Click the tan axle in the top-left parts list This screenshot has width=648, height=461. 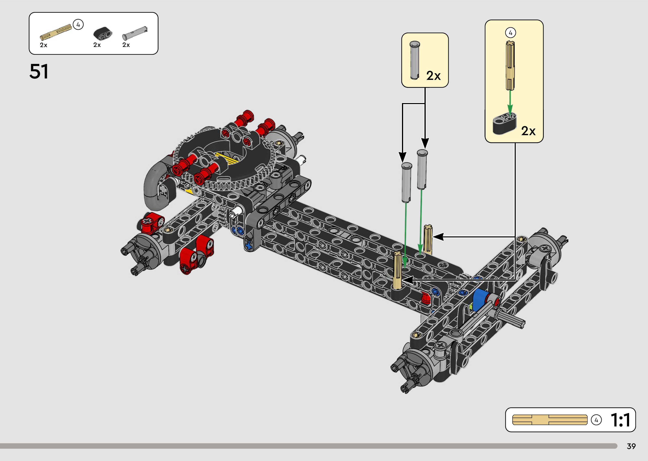(56, 32)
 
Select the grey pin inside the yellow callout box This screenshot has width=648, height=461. (415, 60)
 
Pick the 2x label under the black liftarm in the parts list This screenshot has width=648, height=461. (97, 45)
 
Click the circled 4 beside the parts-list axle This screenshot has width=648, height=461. (78, 25)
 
